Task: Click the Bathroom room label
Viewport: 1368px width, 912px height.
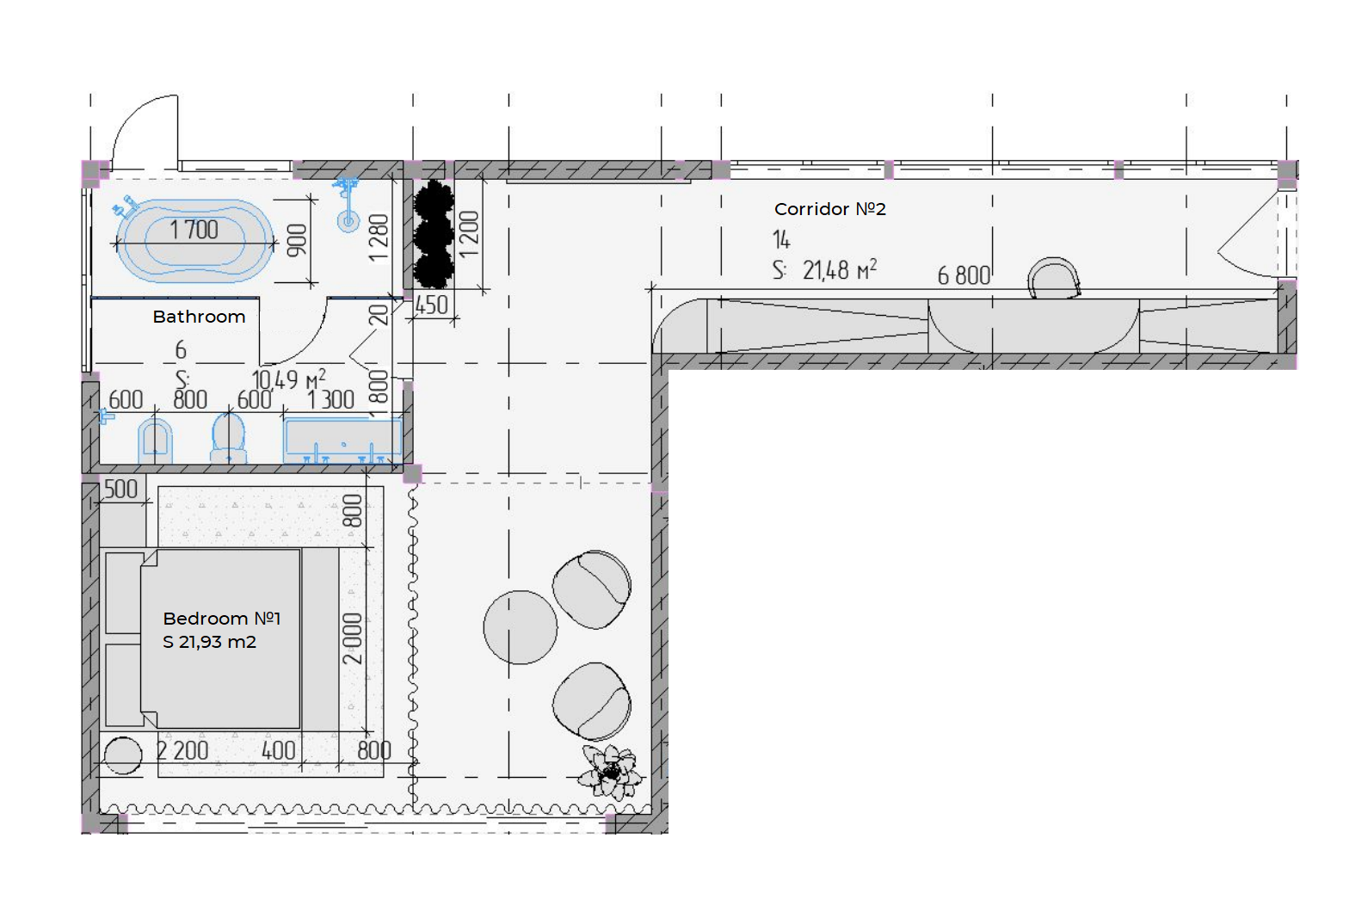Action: tap(199, 317)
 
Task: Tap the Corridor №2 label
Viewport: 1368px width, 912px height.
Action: tap(830, 209)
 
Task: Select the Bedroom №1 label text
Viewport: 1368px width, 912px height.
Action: tap(222, 618)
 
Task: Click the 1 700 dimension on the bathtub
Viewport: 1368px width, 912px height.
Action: tap(194, 230)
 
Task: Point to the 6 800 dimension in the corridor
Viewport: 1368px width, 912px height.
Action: tap(964, 275)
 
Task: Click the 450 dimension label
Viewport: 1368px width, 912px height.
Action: tap(432, 305)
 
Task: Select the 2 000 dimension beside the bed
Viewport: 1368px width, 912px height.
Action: tap(353, 638)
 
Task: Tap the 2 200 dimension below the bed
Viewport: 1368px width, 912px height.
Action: tap(182, 750)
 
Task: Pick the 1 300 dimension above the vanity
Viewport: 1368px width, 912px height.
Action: tap(330, 400)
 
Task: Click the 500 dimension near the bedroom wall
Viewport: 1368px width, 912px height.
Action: tap(121, 490)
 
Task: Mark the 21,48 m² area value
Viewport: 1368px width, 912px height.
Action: tap(840, 269)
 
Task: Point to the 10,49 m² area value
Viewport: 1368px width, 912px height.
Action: tap(289, 379)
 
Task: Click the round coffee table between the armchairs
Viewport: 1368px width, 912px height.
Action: tap(521, 627)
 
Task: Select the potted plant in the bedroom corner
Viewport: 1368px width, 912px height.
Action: tap(610, 772)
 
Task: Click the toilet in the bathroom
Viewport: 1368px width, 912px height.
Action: tap(228, 438)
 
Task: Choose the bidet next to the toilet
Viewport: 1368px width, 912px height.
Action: tap(155, 441)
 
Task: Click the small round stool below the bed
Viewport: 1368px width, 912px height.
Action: tap(123, 755)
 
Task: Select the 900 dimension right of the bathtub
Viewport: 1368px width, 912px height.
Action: tap(297, 240)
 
